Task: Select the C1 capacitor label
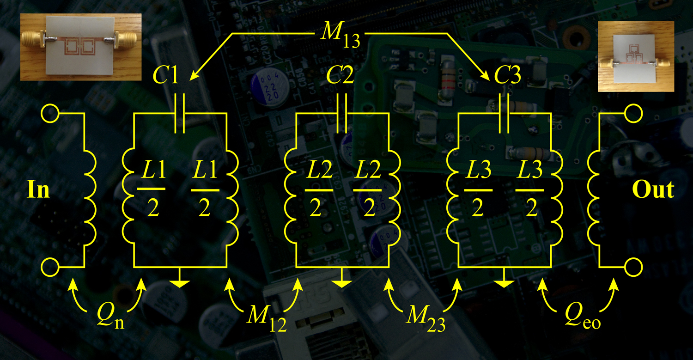coord(166,76)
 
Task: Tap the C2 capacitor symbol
coord(342,113)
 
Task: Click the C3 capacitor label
coord(508,76)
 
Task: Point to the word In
coord(39,190)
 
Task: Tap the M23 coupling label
coord(426,318)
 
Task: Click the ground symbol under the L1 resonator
coord(180,281)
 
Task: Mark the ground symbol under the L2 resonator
coord(342,281)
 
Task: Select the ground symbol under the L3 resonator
coord(505,281)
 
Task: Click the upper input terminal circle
coord(50,113)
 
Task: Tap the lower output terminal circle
coord(634,267)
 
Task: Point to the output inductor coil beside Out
coord(593,190)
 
